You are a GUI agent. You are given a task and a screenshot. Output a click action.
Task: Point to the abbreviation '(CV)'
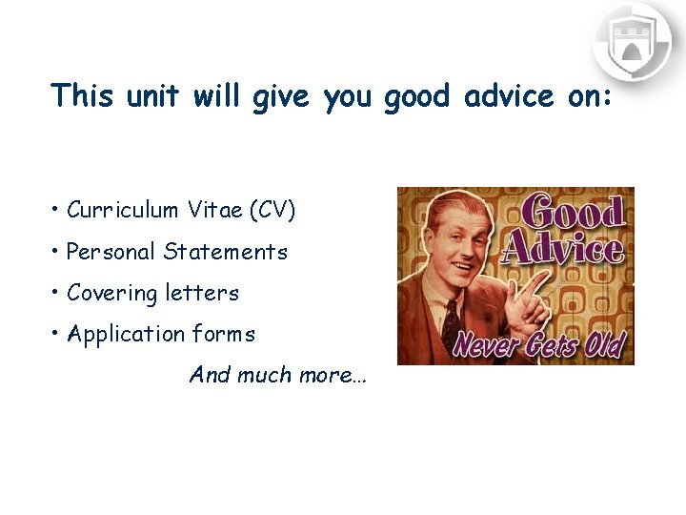point(272,211)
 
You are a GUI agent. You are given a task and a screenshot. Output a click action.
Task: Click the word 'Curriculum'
point(122,211)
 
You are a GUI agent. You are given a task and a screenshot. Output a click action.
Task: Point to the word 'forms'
point(224,334)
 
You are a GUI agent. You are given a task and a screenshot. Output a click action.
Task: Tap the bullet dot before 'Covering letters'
point(57,293)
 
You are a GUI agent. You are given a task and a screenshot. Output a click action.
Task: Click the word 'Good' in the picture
point(573,213)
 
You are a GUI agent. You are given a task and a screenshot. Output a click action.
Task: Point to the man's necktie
point(448,319)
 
